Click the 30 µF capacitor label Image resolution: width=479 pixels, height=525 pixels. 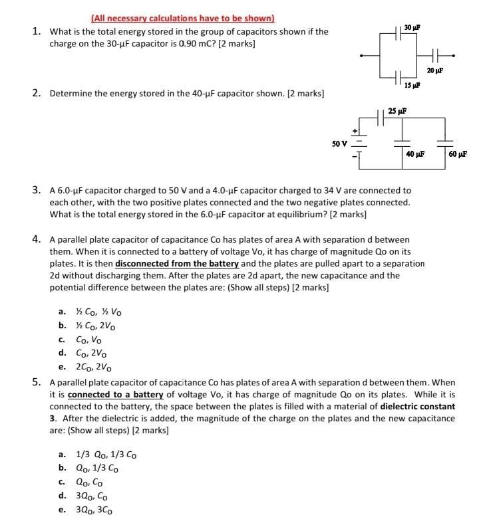pos(412,27)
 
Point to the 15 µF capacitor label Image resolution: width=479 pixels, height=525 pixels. pos(411,85)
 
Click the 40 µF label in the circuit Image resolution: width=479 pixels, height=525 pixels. pos(414,154)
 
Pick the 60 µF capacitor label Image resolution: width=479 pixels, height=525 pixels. pos(458,154)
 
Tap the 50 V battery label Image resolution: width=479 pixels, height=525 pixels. pos(339,143)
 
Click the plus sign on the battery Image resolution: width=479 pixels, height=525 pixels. pos(355,130)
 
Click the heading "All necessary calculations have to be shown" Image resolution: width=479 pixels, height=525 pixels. pos(182,19)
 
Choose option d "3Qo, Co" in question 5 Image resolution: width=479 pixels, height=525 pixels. pos(90,496)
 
